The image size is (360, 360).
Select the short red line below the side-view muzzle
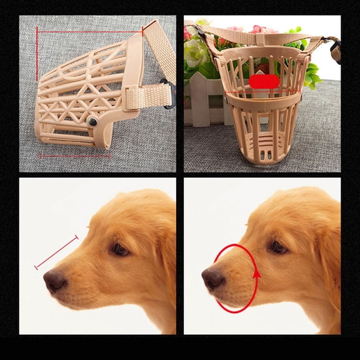(74, 154)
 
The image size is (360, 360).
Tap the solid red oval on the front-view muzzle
(264, 81)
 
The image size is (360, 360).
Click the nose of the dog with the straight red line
(54, 282)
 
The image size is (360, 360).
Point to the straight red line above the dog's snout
(56, 252)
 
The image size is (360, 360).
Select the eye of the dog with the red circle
(277, 246)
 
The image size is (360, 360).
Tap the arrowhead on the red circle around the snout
(255, 272)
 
